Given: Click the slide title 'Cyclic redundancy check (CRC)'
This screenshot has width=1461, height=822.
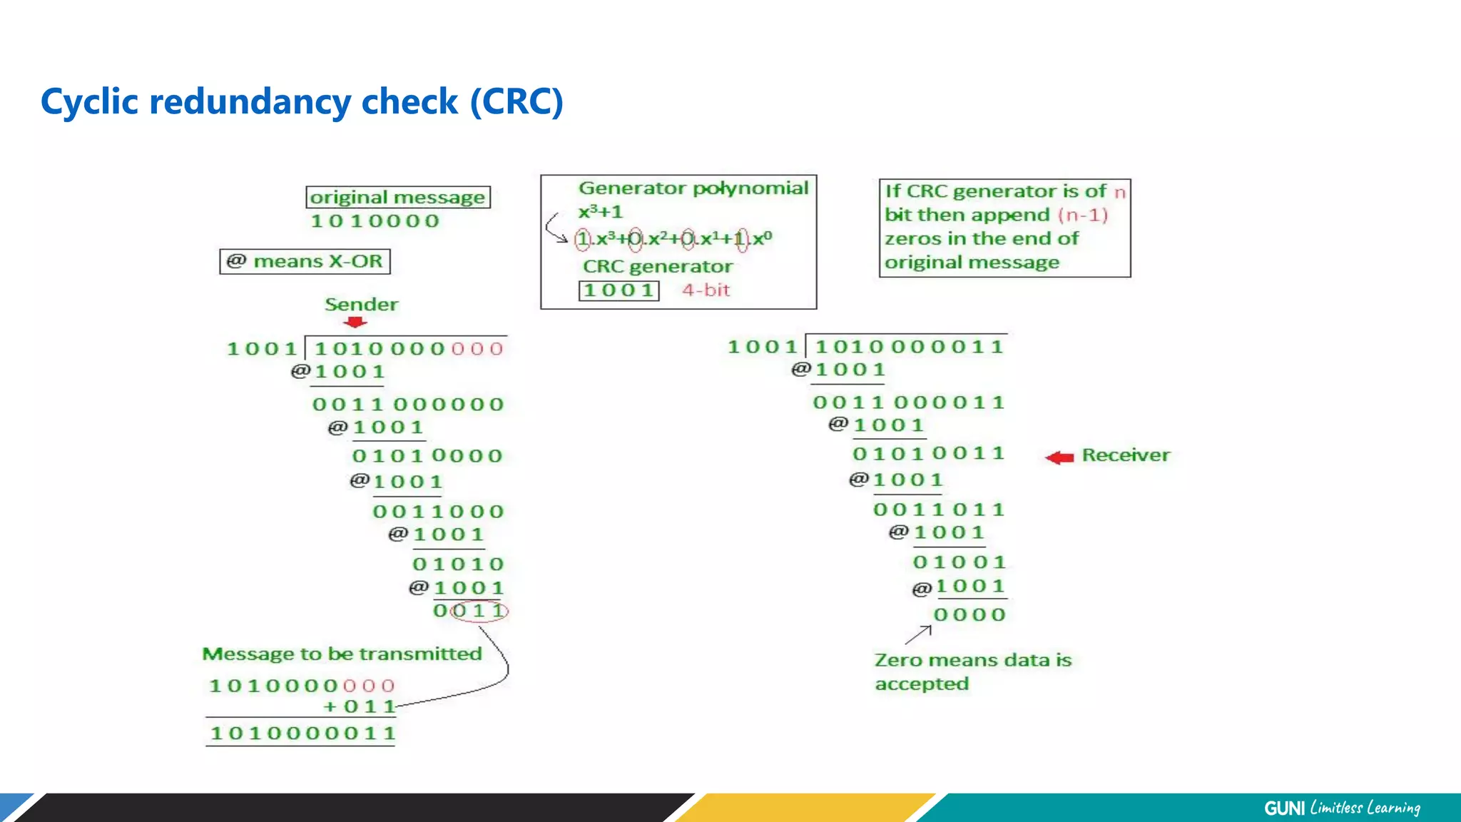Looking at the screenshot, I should (x=302, y=101).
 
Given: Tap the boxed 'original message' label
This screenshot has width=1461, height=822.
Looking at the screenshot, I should (x=398, y=197).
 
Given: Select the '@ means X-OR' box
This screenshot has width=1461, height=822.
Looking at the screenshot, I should (x=305, y=261).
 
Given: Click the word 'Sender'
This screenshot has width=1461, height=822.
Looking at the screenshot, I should (x=361, y=305).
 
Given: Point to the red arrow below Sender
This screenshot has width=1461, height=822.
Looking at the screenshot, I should (x=355, y=323).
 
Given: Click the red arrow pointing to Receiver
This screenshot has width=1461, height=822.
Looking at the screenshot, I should (x=1059, y=457).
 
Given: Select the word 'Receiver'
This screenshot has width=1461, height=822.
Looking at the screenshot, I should (x=1126, y=455).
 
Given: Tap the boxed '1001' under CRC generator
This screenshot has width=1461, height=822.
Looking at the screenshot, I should (x=618, y=290).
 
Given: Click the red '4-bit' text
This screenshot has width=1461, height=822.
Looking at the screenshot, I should (x=706, y=290).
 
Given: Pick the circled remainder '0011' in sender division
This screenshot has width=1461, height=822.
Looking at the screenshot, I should (x=471, y=611).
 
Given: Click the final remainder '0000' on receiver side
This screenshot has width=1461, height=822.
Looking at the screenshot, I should (x=969, y=615).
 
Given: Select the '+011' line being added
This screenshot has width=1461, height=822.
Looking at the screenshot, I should (x=360, y=706).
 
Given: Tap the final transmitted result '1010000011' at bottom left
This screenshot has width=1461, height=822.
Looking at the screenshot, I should (x=302, y=733).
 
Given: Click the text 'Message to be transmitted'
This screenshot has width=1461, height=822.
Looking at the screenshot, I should (x=342, y=654).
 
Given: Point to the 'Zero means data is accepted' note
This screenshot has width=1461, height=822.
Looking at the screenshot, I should (x=972, y=671).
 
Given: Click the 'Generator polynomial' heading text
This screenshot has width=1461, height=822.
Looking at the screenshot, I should (x=693, y=188).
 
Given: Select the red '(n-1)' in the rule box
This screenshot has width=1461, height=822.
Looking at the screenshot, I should (x=1082, y=215).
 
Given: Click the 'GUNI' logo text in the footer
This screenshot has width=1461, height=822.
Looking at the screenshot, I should (x=1284, y=808).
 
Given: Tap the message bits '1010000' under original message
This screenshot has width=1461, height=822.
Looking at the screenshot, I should (x=375, y=221).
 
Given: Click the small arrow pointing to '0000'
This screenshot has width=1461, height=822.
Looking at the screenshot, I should (x=919, y=634).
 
